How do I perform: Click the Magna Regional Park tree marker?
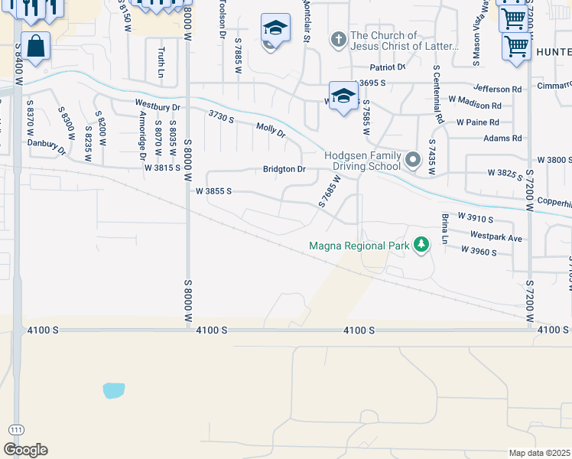[421, 245]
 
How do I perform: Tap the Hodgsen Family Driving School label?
[362, 160]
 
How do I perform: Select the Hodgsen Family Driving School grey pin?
[414, 160]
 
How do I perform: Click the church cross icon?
[339, 38]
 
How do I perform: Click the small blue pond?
[113, 390]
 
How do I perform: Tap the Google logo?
[25, 450]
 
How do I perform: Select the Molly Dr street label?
[271, 130]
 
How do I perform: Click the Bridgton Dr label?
[284, 169]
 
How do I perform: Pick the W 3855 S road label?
[213, 191]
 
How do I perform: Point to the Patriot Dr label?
[387, 67]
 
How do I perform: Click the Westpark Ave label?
[496, 237]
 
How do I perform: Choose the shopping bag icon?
[35, 47]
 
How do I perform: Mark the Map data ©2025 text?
[539, 453]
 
